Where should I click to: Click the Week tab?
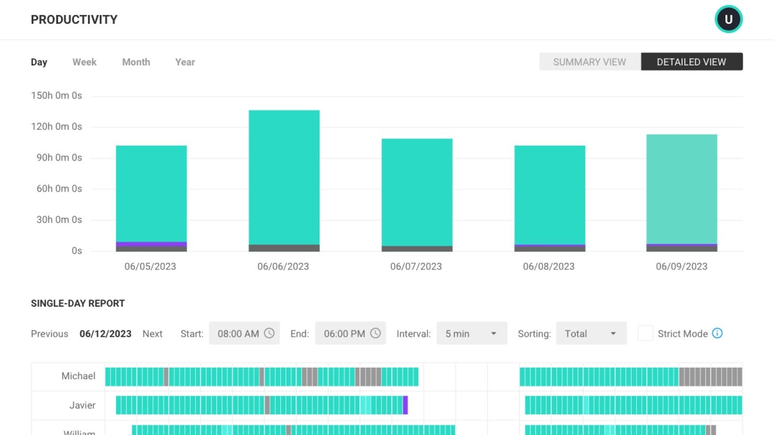pos(84,62)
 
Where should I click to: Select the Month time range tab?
pos(136,62)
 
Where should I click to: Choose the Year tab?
pos(185,62)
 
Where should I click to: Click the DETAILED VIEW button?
pos(691,62)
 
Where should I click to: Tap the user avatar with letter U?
pos(729,19)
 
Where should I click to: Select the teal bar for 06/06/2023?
pos(284,177)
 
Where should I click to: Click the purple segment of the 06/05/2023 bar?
pos(151,244)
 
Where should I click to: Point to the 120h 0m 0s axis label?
pos(57,127)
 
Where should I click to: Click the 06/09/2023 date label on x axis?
pos(681,266)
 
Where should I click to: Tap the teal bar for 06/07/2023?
pos(417,192)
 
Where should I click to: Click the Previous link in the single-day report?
pos(49,333)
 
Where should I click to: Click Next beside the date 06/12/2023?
pos(152,333)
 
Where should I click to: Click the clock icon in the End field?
pos(375,333)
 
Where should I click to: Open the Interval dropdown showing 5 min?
pos(471,333)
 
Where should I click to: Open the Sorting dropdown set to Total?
pos(591,333)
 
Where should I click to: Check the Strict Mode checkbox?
pos(645,333)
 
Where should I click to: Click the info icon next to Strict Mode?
pos(717,333)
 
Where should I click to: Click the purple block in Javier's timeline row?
pos(405,405)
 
